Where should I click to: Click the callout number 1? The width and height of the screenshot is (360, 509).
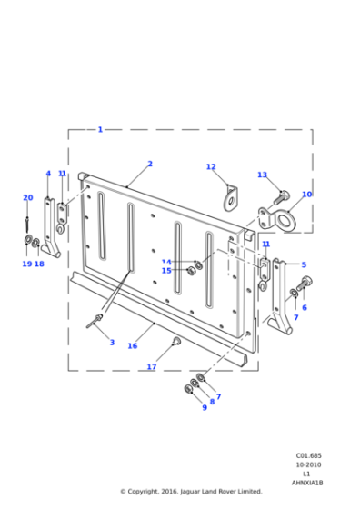tap(100, 130)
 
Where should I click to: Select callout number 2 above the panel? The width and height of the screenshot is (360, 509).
tap(150, 165)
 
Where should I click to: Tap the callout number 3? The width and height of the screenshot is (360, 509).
tap(112, 343)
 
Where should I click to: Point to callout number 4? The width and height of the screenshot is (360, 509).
tap(48, 174)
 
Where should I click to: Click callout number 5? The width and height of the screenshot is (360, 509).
tap(304, 264)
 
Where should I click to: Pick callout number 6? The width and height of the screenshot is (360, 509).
tap(305, 307)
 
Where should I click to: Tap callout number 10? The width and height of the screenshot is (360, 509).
tap(306, 195)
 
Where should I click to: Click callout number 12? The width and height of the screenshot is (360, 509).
tap(211, 167)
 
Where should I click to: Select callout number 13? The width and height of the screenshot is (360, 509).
tap(262, 175)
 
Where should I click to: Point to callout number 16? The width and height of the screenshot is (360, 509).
tap(133, 345)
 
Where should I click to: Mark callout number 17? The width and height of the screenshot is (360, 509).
tap(152, 367)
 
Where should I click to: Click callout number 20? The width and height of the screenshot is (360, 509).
tap(27, 198)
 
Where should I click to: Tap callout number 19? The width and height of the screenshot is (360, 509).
tap(26, 264)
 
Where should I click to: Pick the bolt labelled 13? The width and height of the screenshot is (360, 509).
tap(280, 194)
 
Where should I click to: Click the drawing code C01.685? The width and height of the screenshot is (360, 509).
tap(308, 456)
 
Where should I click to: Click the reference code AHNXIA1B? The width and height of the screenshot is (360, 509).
tap(307, 483)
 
